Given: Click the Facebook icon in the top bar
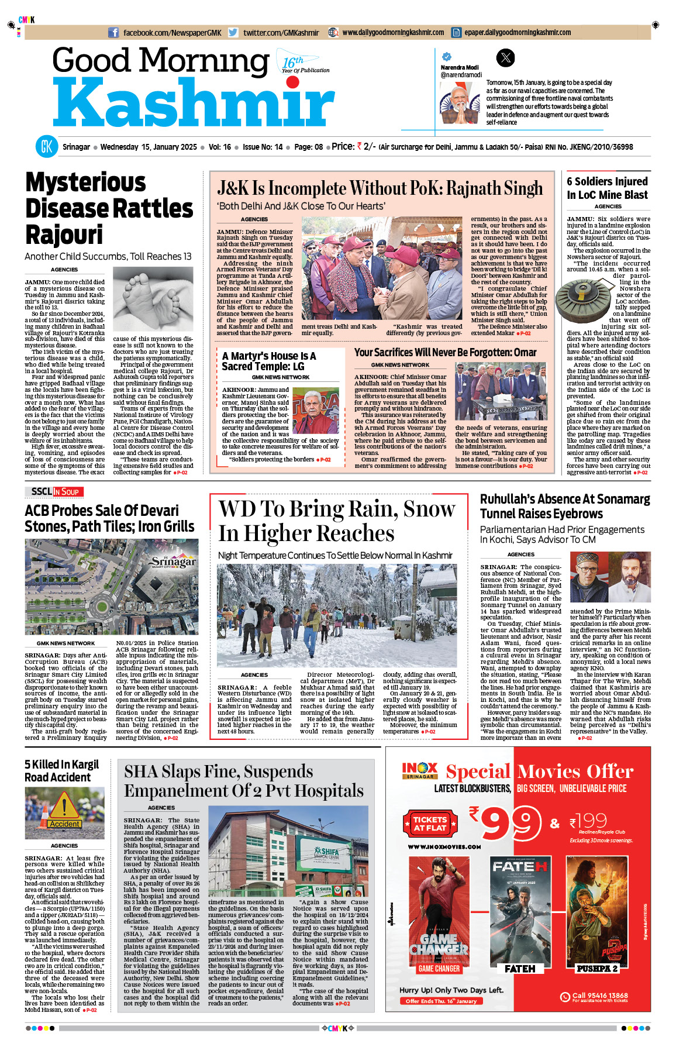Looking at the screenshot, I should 114,33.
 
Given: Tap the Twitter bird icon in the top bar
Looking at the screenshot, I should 233,33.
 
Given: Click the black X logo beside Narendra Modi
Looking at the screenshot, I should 505,57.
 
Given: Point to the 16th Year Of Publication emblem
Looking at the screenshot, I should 302,63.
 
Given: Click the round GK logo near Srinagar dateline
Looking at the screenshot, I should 46,147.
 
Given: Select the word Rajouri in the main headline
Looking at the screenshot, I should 64,235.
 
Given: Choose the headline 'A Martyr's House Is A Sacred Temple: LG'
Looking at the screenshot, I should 269,361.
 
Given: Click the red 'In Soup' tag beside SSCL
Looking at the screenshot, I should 68,492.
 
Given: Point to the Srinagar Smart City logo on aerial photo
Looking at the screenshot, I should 173,563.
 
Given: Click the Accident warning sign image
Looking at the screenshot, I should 64,813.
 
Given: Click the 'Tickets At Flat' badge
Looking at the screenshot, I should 430,824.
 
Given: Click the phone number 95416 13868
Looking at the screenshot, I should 600,995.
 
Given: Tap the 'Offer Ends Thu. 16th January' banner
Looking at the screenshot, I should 441,1001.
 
